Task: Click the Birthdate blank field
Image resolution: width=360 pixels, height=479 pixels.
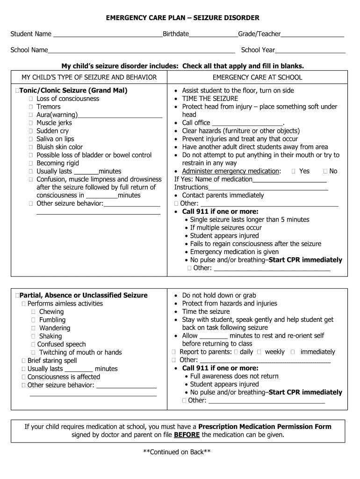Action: point(213,35)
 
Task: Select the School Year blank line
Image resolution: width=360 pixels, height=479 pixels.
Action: point(310,51)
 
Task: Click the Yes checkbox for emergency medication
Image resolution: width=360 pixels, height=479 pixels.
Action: point(293,172)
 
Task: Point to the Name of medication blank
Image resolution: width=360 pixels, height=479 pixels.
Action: point(289,180)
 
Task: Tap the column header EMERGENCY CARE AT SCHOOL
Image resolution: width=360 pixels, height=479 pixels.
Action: point(257,77)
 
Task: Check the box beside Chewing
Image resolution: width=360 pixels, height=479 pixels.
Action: point(34,312)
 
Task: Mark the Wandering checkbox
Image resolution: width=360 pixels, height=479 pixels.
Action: point(34,328)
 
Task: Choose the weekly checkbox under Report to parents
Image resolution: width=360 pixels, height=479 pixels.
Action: point(259,352)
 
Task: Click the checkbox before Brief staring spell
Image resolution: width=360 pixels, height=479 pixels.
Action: point(23,361)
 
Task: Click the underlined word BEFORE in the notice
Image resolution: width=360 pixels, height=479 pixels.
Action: point(187,435)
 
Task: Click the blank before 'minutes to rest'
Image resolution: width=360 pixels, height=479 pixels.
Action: point(214,336)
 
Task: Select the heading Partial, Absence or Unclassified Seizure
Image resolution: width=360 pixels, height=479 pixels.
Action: point(84,295)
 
